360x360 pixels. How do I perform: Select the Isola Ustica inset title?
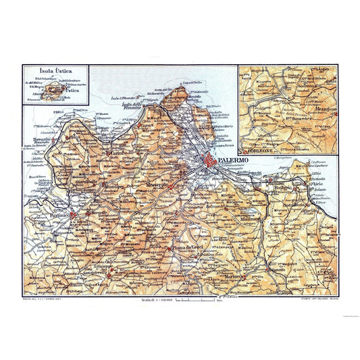(x=55, y=72)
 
